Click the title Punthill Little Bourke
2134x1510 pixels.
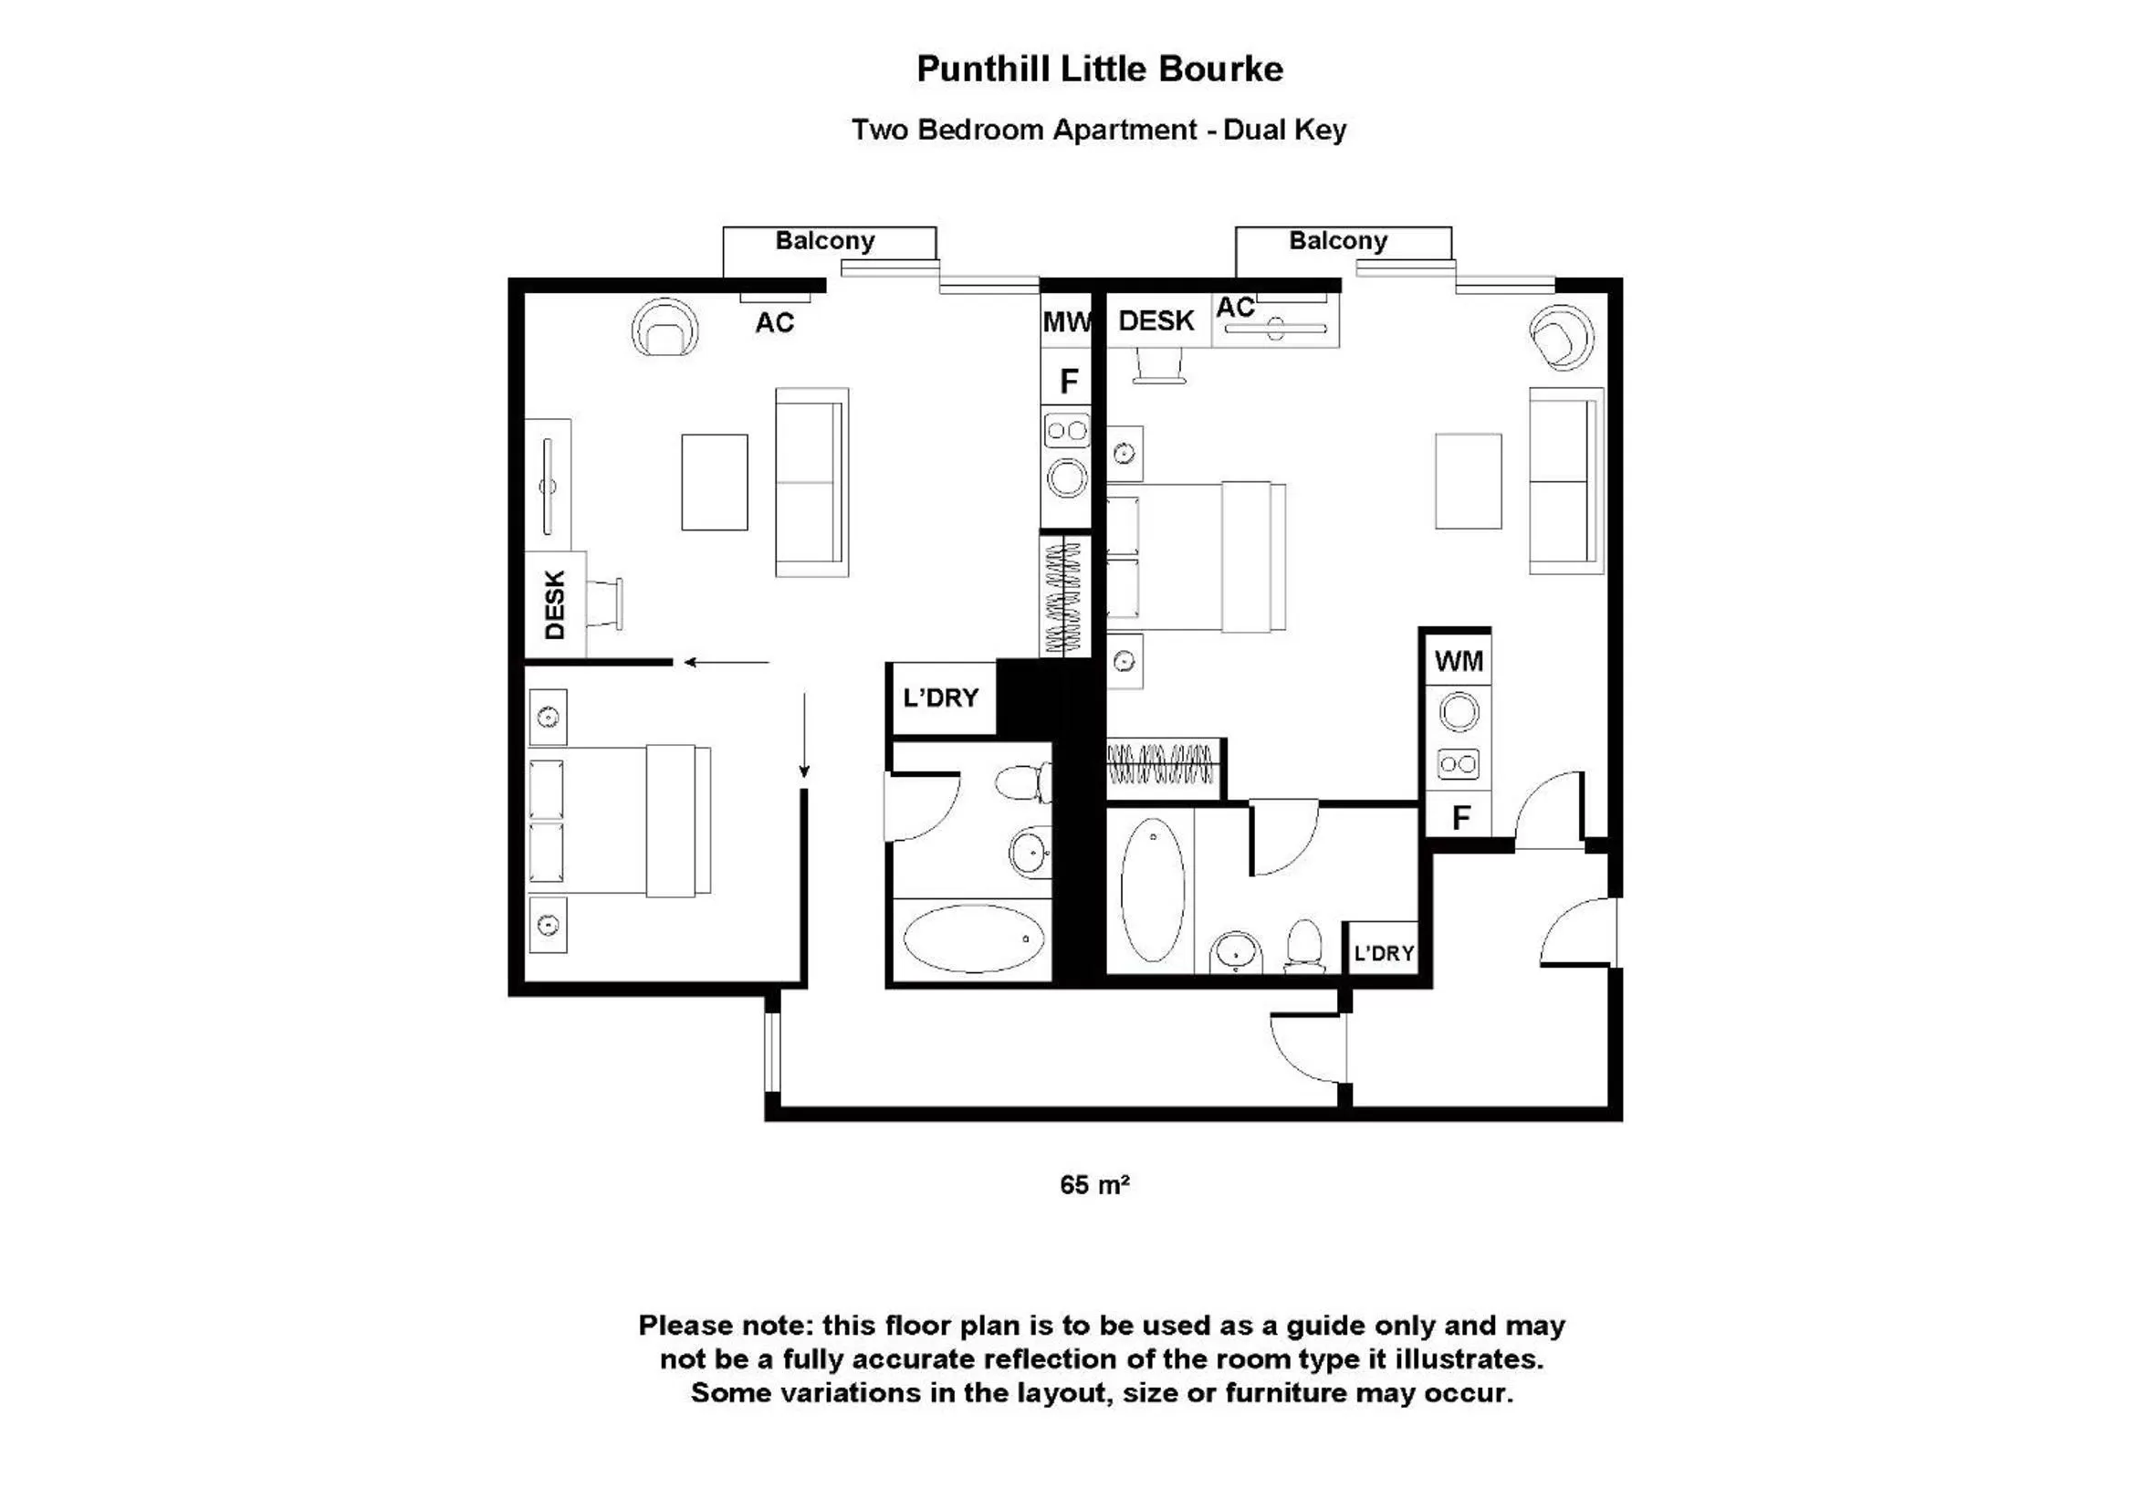pyautogui.click(x=1099, y=69)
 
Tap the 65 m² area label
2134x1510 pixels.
pyautogui.click(x=1094, y=1185)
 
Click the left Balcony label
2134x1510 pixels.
pyautogui.click(x=824, y=241)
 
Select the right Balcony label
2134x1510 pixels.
pyautogui.click(x=1337, y=241)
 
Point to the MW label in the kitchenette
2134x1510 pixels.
pyautogui.click(x=1065, y=322)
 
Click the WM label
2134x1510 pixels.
pyautogui.click(x=1459, y=661)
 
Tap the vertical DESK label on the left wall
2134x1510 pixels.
pyautogui.click(x=555, y=604)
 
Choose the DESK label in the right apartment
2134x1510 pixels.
pyautogui.click(x=1156, y=320)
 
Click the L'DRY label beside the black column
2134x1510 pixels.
pyautogui.click(x=941, y=697)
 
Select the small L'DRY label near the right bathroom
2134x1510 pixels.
pyautogui.click(x=1383, y=953)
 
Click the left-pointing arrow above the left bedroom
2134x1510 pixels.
pyautogui.click(x=726, y=662)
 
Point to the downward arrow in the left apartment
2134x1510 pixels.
pyautogui.click(x=804, y=735)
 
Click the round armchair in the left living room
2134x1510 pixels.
pyautogui.click(x=664, y=329)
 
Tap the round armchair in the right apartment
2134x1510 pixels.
pyautogui.click(x=1562, y=336)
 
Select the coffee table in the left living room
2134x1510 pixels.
pyautogui.click(x=714, y=482)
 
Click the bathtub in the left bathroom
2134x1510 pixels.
pyautogui.click(x=973, y=939)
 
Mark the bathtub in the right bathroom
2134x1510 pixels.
pyautogui.click(x=1153, y=890)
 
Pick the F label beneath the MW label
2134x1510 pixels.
pyautogui.click(x=1069, y=381)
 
